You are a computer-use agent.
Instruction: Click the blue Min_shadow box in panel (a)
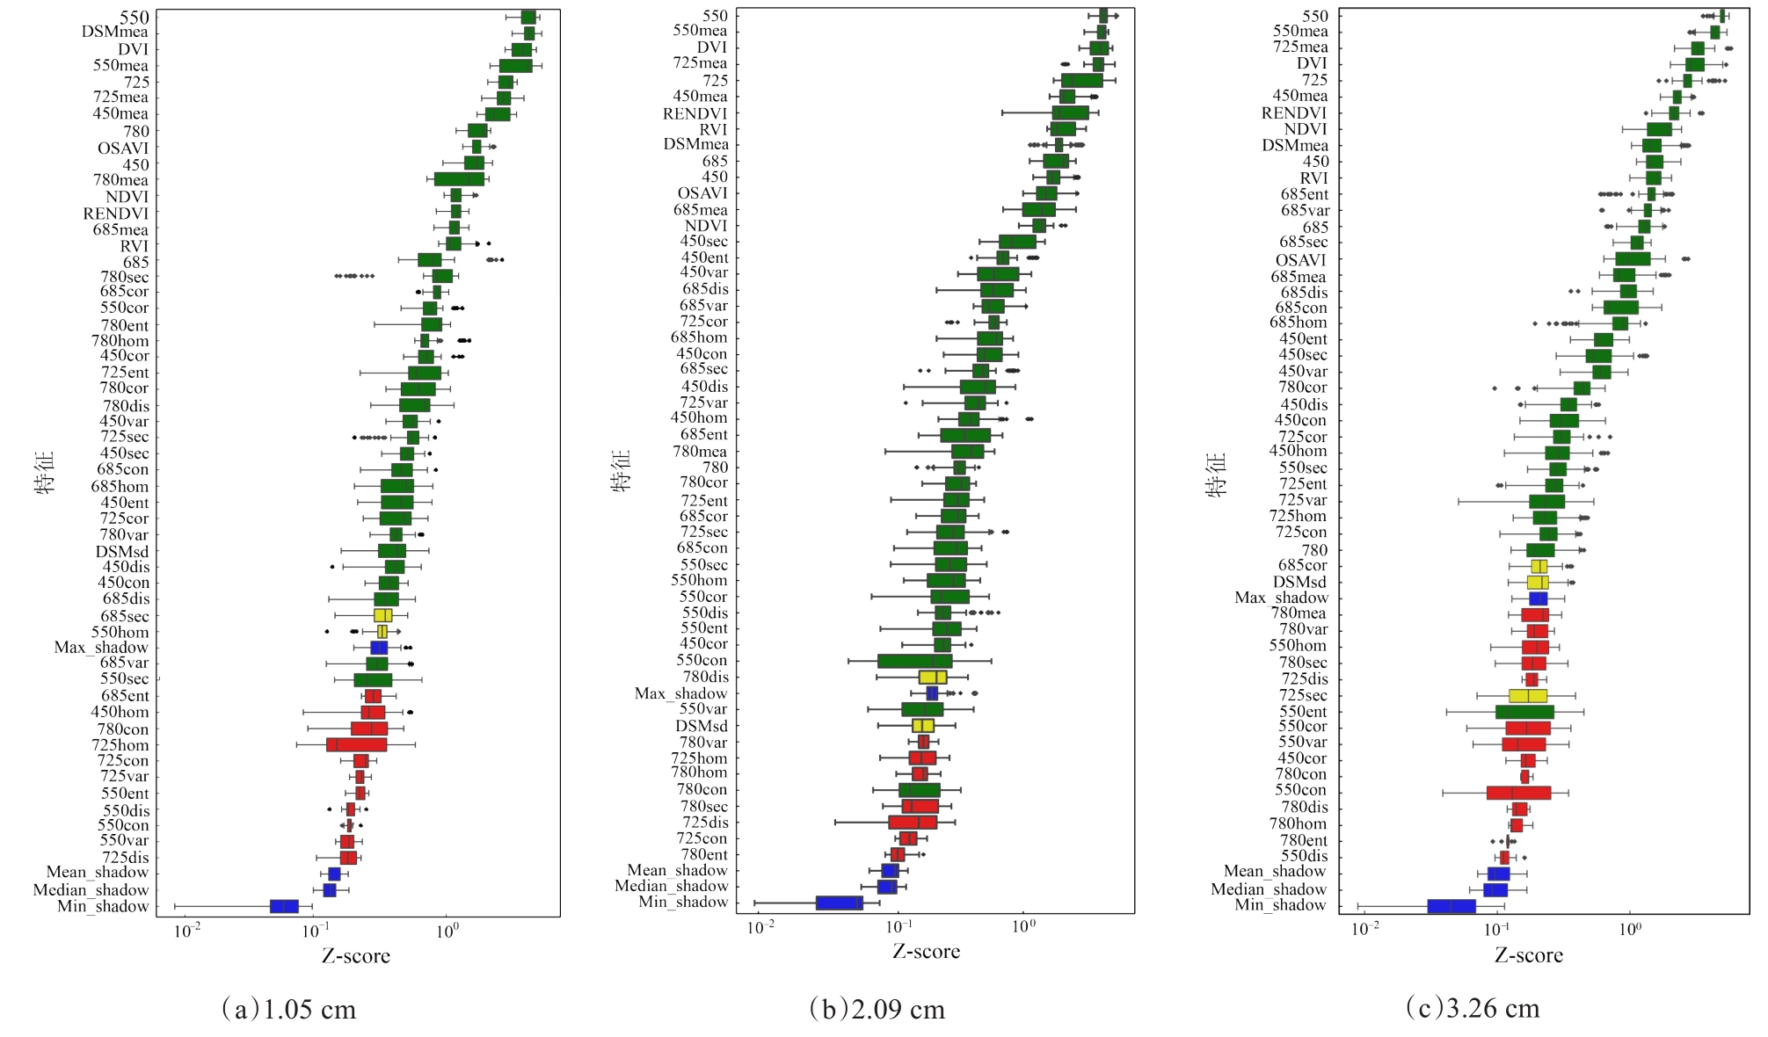click(284, 906)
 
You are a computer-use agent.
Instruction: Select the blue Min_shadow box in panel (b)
click(839, 903)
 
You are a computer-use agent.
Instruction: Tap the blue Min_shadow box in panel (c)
click(1451, 906)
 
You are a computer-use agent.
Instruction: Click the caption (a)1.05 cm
click(289, 1009)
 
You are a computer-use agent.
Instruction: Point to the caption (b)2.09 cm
click(877, 1009)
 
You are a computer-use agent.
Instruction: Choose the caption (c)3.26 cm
click(1473, 1008)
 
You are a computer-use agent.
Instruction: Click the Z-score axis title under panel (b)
click(926, 952)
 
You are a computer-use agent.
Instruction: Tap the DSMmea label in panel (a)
click(115, 33)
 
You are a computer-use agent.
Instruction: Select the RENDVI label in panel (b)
click(695, 113)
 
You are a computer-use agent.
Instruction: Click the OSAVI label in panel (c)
click(1300, 260)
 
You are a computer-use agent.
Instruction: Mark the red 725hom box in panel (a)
click(356, 745)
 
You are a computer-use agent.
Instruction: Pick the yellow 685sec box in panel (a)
click(382, 615)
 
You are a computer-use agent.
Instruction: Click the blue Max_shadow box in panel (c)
click(1538, 598)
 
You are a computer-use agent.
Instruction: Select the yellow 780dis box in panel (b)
click(932, 678)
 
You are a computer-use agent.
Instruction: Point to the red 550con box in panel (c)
click(1518, 793)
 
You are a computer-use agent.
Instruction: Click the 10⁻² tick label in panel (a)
click(186, 930)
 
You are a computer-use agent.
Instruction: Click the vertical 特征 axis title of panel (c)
click(1217, 475)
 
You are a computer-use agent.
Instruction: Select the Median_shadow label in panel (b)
click(672, 886)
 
